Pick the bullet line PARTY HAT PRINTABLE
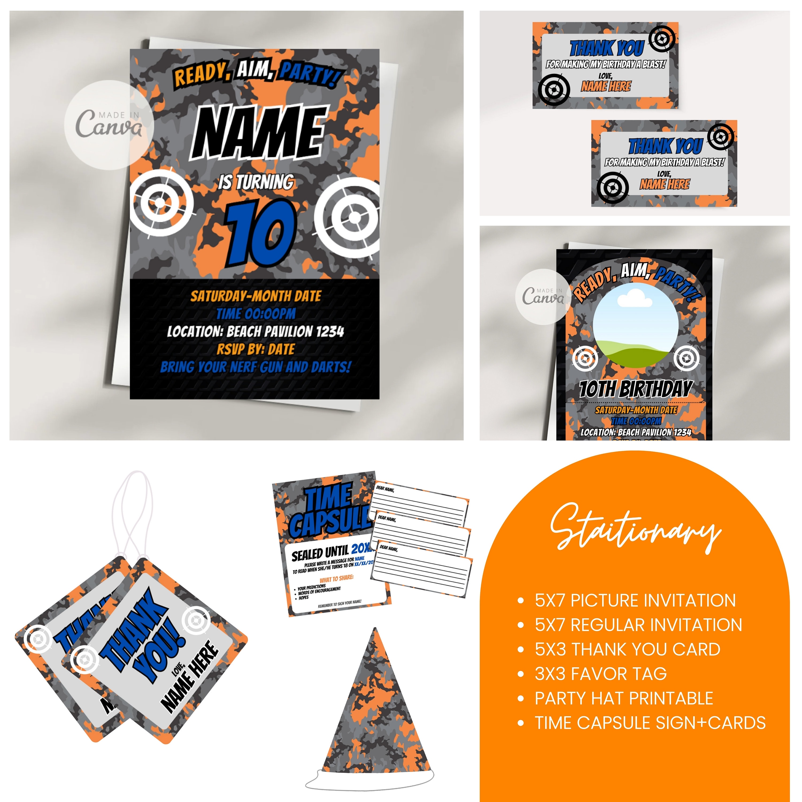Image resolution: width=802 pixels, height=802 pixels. [623, 698]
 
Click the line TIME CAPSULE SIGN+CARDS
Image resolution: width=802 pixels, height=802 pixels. [650, 723]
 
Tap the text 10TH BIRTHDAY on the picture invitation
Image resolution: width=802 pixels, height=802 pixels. [635, 389]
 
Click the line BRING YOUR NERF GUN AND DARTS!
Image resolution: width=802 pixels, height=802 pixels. [255, 367]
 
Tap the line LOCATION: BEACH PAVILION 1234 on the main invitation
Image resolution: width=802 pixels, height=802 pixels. [255, 331]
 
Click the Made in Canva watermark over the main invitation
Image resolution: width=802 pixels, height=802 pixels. [109, 125]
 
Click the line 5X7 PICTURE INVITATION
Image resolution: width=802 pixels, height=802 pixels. [635, 600]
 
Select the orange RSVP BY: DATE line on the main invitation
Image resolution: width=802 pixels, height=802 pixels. [255, 349]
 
